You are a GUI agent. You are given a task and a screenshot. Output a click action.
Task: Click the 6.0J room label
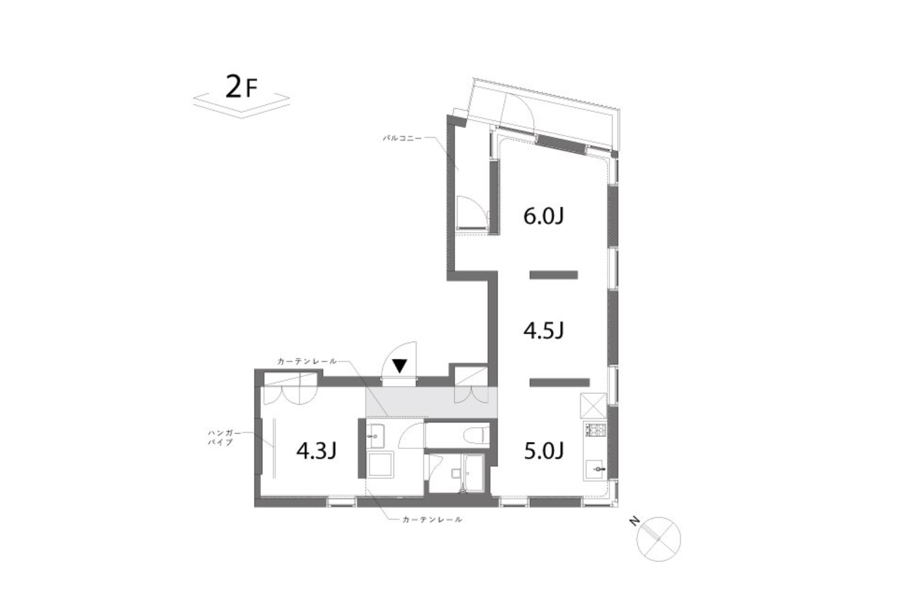pyautogui.click(x=543, y=216)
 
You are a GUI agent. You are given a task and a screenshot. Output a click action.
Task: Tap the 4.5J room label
pyautogui.click(x=543, y=331)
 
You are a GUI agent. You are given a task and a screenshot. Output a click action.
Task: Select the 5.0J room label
pyautogui.click(x=544, y=451)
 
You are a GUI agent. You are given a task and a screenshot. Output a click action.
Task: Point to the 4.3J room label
pyautogui.click(x=317, y=451)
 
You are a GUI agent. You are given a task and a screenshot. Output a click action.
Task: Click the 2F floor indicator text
pyautogui.click(x=242, y=87)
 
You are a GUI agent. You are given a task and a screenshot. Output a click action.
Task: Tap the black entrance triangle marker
pyautogui.click(x=400, y=365)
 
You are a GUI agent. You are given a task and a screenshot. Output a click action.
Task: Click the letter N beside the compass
pyautogui.click(x=634, y=522)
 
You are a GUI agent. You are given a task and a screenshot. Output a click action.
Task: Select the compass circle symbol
pyautogui.click(x=659, y=539)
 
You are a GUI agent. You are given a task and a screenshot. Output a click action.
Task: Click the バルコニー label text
pyautogui.click(x=402, y=138)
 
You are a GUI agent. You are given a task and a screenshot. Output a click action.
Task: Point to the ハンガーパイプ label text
pyautogui.click(x=225, y=437)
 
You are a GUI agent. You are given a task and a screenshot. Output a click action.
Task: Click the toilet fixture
pyautogui.click(x=477, y=434)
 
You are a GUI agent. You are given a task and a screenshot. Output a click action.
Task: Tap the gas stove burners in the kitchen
pyautogui.click(x=596, y=429)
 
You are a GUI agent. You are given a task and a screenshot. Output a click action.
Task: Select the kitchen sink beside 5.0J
pyautogui.click(x=596, y=469)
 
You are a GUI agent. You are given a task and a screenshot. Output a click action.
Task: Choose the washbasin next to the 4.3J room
pyautogui.click(x=375, y=436)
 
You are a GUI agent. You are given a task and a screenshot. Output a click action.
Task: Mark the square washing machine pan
pyautogui.click(x=380, y=464)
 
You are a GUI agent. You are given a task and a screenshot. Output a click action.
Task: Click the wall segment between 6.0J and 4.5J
pyautogui.click(x=553, y=275)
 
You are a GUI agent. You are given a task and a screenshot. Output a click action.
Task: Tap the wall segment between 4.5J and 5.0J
pyautogui.click(x=560, y=382)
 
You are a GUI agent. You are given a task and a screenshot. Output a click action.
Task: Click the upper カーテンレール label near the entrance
pyautogui.click(x=307, y=361)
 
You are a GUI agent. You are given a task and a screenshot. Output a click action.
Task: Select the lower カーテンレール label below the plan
pyautogui.click(x=432, y=520)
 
